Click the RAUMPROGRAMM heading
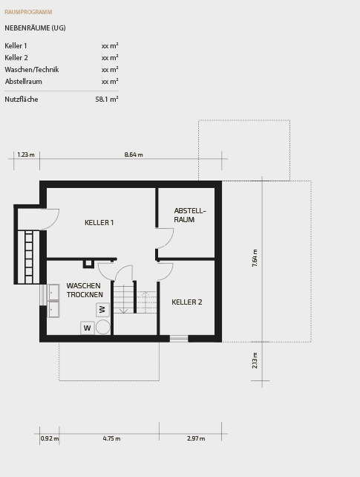28,13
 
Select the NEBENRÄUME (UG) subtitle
35,27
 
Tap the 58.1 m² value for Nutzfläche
106,100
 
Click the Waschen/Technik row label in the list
31,70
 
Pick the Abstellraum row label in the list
23,82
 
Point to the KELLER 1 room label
99,223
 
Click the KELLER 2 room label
186,302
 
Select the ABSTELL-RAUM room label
189,215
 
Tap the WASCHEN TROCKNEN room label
85,291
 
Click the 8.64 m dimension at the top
134,155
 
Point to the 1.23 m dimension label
26,155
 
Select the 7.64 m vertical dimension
255,258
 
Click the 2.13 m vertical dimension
255,360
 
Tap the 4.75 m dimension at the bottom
111,439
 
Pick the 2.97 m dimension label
196,439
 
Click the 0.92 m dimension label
49,439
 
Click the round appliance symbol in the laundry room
103,327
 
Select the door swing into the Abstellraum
165,238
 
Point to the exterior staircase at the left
29,256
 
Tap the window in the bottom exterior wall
179,339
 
